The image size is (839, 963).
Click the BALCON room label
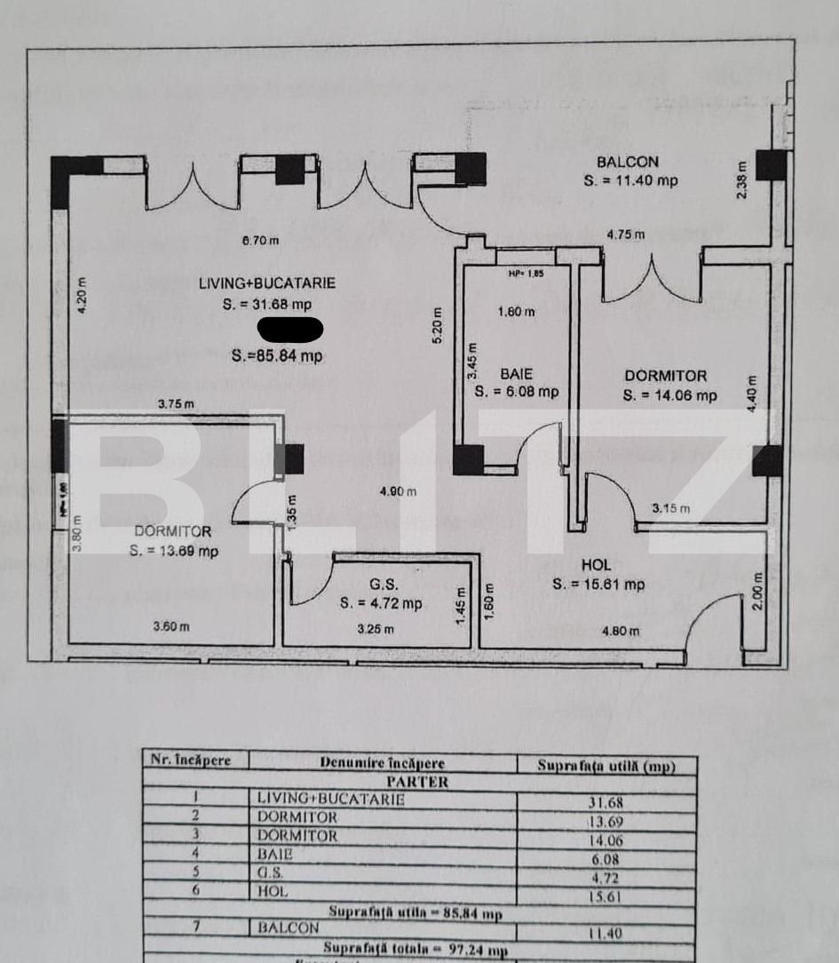click(628, 162)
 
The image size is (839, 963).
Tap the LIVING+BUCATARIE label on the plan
click(267, 283)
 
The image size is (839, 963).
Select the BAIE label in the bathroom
click(516, 374)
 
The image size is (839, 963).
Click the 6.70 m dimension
click(261, 240)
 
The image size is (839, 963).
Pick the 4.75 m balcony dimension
click(626, 235)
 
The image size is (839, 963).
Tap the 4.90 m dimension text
click(398, 492)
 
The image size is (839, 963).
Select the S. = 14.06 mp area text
click(669, 395)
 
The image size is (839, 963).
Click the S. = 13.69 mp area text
click(174, 551)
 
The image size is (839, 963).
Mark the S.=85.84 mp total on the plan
click(277, 356)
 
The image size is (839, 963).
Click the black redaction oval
click(289, 329)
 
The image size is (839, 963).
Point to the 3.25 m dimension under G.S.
click(375, 629)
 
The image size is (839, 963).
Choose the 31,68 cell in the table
click(606, 802)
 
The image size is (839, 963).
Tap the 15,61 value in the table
click(606, 897)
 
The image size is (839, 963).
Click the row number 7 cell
click(196, 927)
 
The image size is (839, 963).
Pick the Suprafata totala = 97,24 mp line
click(416, 950)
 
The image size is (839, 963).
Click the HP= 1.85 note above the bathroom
click(526, 274)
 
